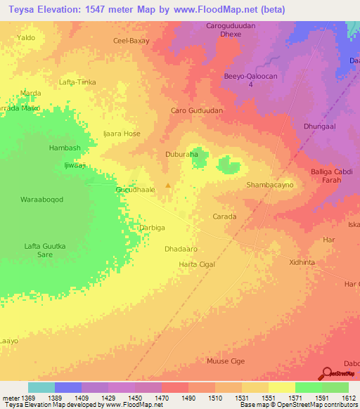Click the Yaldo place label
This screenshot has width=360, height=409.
[x=26, y=37]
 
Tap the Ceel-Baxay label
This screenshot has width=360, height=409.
[x=131, y=41]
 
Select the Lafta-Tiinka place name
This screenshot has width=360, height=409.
[x=77, y=82]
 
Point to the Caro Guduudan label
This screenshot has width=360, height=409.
[x=197, y=111]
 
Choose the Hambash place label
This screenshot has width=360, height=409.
[x=65, y=148]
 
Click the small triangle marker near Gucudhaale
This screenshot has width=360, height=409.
[x=167, y=186]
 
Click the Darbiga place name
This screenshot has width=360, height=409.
[x=153, y=228]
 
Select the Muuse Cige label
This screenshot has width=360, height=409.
[x=225, y=361]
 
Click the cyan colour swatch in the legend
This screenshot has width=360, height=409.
[x=41, y=387]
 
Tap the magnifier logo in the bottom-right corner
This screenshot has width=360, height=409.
[x=328, y=372]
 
